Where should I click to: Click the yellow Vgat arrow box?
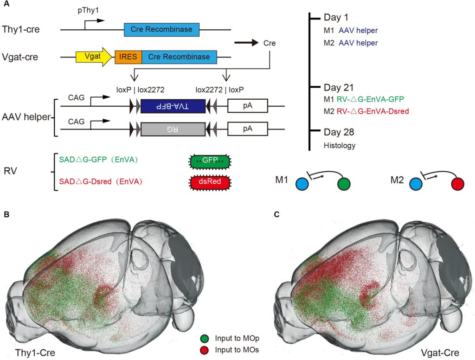pos(93,57)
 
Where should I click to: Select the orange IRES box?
pos(128,57)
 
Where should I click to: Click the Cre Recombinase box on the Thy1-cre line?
pos(161,30)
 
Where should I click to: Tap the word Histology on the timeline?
pos(340,145)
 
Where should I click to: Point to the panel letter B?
pos(6,215)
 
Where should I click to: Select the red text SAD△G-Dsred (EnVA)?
pos(100,182)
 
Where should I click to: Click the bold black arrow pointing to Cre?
pos(246,43)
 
